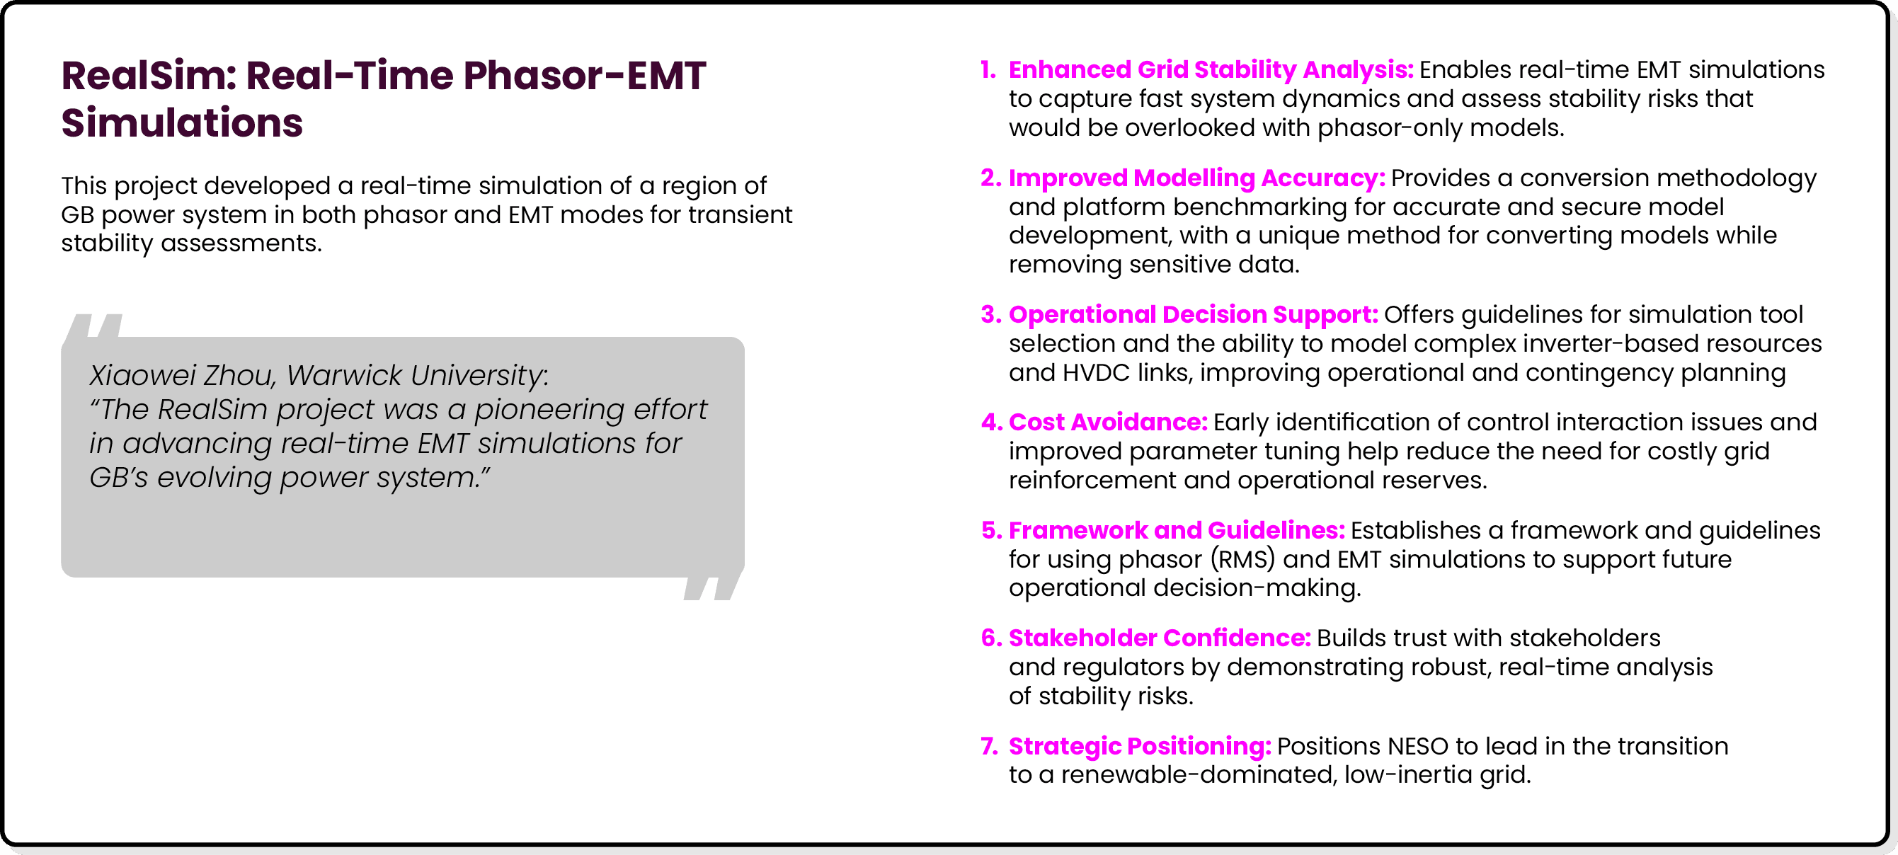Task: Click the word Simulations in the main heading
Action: [x=182, y=122]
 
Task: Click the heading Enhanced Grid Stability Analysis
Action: [x=1210, y=69]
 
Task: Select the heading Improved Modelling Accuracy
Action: [x=1196, y=178]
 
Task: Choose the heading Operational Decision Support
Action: [x=1192, y=314]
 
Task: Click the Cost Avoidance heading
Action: [x=1107, y=422]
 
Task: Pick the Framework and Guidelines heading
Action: [x=1176, y=530]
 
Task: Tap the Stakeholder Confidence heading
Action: [x=1159, y=638]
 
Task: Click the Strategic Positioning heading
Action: [x=1139, y=746]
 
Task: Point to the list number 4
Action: [x=990, y=422]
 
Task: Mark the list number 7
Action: [x=989, y=746]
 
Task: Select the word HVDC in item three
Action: [x=1096, y=372]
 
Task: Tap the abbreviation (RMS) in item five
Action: [x=1243, y=559]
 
